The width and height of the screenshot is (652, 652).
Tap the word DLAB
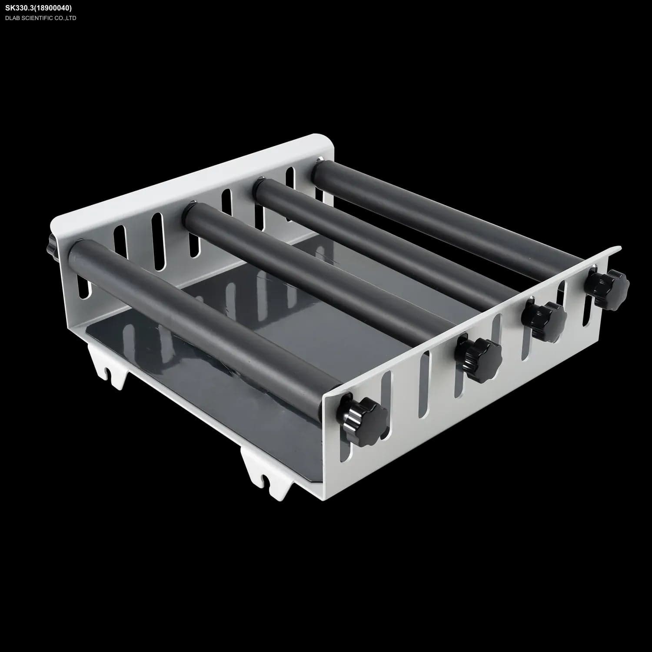click(x=13, y=18)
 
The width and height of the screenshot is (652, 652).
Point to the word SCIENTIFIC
click(x=37, y=18)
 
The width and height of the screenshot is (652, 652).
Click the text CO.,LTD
click(x=66, y=18)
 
